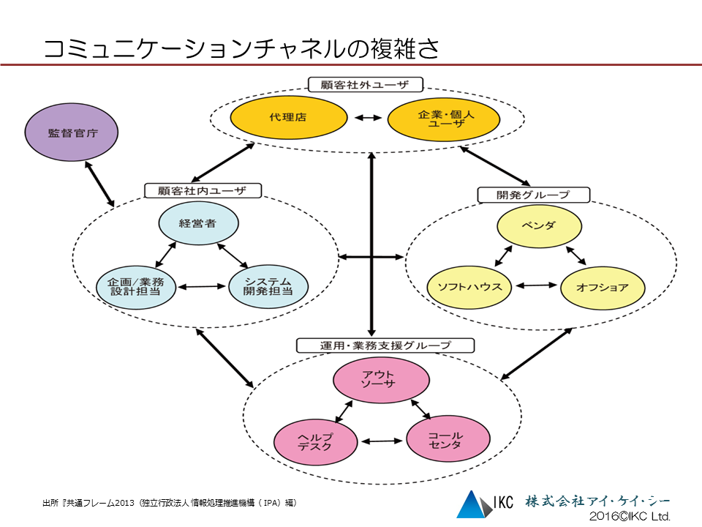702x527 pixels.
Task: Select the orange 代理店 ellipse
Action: pos(288,117)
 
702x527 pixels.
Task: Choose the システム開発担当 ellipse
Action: pos(268,285)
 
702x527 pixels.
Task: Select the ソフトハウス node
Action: pos(469,286)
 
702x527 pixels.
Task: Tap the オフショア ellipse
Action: pos(603,286)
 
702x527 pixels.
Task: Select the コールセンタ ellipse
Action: pos(445,441)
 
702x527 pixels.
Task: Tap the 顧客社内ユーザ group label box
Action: pos(202,191)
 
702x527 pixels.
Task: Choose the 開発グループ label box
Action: pos(533,195)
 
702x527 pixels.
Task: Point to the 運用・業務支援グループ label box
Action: pos(385,345)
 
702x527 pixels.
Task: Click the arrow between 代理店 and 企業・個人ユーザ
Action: pos(366,117)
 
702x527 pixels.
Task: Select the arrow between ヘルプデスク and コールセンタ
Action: pos(382,441)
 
